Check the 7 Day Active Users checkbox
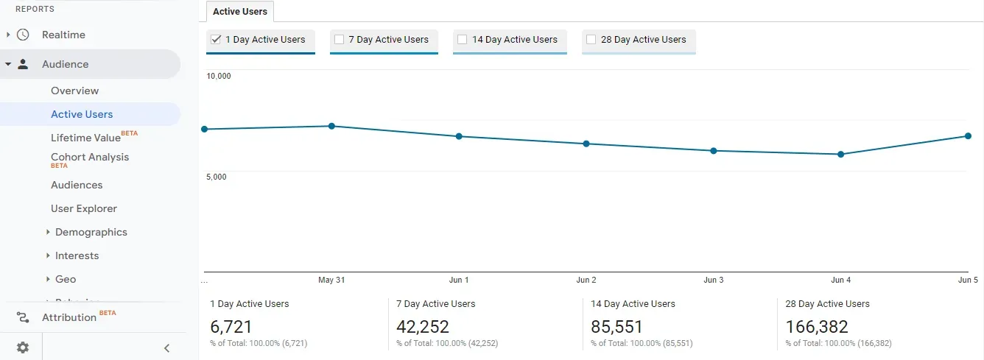[340, 40]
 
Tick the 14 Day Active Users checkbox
[463, 40]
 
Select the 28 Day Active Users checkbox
[591, 40]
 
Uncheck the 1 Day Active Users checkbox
[216, 40]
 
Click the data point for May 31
[331, 126]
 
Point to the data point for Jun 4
[840, 154]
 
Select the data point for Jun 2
[586, 144]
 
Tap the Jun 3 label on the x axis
[714, 280]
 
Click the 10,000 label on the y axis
[219, 76]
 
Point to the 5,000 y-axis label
[217, 177]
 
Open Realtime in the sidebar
[63, 35]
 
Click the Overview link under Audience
[74, 91]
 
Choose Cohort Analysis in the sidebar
[90, 157]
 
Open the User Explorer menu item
[84, 208]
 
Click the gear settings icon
[23, 347]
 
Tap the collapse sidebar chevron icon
[166, 348]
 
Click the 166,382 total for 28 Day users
[817, 327]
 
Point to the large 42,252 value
[423, 327]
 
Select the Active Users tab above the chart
[240, 12]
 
